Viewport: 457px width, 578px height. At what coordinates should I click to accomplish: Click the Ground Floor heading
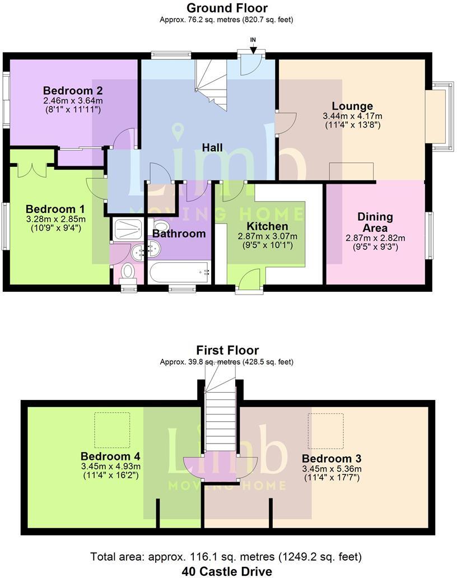click(x=227, y=8)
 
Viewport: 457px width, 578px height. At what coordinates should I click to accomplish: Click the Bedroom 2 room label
click(x=73, y=90)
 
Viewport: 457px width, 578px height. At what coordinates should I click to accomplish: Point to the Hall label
click(x=212, y=148)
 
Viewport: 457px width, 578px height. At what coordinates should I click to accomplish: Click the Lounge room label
click(x=352, y=106)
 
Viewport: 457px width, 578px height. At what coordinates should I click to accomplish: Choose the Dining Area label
click(x=375, y=222)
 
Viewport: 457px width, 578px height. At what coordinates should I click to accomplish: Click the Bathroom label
click(x=179, y=234)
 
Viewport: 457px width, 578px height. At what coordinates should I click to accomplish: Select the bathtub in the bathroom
click(x=180, y=273)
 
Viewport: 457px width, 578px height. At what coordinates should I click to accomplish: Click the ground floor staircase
click(x=211, y=84)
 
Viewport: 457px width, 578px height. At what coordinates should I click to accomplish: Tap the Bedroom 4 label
click(x=110, y=455)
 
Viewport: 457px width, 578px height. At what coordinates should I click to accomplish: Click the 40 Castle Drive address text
click(x=227, y=571)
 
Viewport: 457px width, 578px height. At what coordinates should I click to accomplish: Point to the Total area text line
click(x=227, y=557)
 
